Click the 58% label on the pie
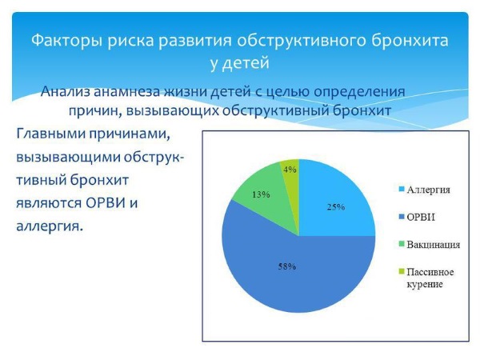point(287,266)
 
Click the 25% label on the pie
point(336,206)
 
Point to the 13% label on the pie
point(261,194)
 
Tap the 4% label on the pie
point(290,169)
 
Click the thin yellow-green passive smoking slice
point(292,180)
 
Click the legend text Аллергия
point(428,190)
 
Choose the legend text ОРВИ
point(421,217)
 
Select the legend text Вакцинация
point(433,243)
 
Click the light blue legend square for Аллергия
point(400,190)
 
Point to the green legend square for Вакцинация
point(400,243)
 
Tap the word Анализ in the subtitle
point(68,91)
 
